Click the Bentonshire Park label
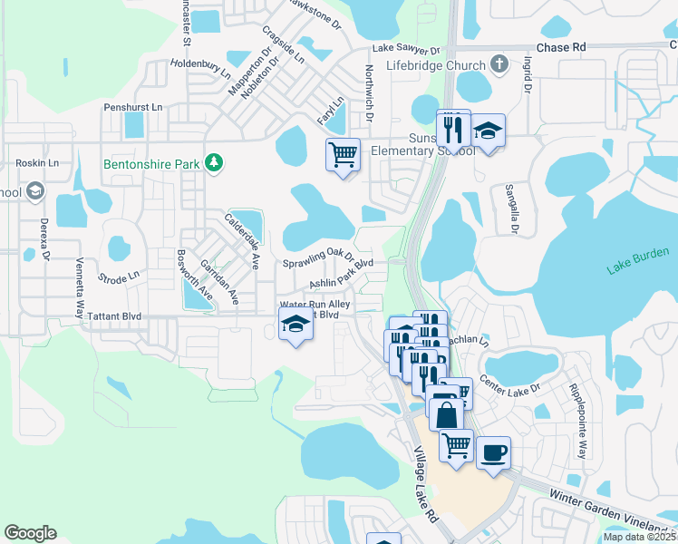point(151,164)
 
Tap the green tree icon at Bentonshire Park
point(214,162)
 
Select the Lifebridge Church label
point(435,65)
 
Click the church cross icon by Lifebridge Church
point(499,64)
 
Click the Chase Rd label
point(561,47)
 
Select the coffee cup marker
point(493,452)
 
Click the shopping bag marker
point(447,416)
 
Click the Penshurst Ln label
point(132,107)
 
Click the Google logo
point(30,533)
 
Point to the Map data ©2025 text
point(640,537)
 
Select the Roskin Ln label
point(37,163)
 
